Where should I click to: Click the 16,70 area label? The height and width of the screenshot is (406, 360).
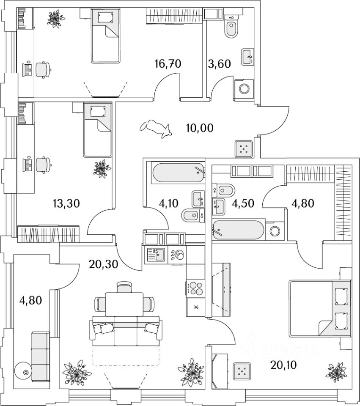click(x=168, y=64)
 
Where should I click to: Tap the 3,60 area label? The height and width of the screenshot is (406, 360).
click(x=220, y=64)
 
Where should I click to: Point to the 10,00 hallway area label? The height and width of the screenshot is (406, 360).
click(x=200, y=127)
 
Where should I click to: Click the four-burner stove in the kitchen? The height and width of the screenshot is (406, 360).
click(x=195, y=288)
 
